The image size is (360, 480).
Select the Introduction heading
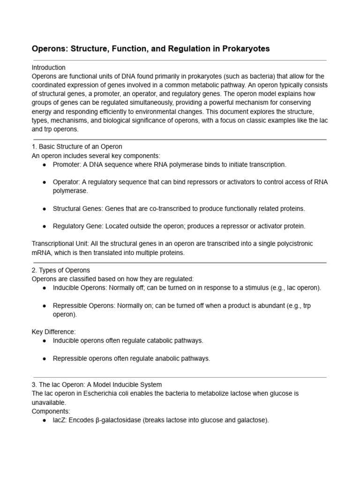(49, 67)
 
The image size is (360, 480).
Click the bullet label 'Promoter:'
(66, 165)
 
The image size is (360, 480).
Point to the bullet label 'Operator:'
(66, 182)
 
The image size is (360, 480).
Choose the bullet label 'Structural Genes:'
(78, 208)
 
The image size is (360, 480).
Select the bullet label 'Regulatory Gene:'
(78, 226)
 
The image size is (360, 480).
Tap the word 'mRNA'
(41, 253)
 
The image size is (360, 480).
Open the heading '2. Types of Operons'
(61, 270)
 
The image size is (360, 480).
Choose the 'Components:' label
(51, 411)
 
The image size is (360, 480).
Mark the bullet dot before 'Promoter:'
(44, 165)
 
